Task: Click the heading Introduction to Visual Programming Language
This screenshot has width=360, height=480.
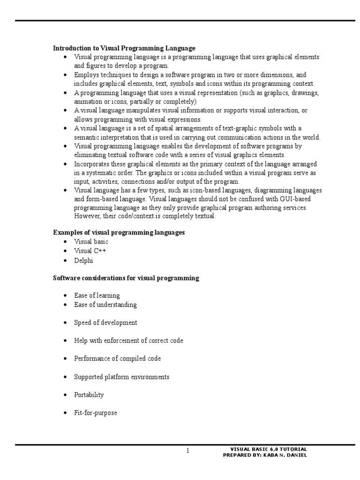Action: pyautogui.click(x=124, y=48)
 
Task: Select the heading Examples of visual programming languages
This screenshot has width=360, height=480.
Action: pyautogui.click(x=119, y=232)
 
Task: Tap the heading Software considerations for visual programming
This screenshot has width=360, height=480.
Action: pyautogui.click(x=126, y=278)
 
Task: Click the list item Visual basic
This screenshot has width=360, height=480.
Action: pyautogui.click(x=91, y=242)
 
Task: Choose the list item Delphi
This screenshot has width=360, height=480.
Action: pyautogui.click(x=83, y=260)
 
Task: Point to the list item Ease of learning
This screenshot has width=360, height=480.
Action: pyautogui.click(x=97, y=296)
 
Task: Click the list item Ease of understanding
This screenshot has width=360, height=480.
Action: pyautogui.click(x=105, y=305)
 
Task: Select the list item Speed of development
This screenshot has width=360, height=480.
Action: pyautogui.click(x=105, y=323)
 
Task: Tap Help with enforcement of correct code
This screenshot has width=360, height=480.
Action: pyautogui.click(x=128, y=341)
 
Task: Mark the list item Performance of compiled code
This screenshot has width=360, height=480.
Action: pyautogui.click(x=117, y=359)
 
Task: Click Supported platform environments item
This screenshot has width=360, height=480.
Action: pyautogui.click(x=121, y=377)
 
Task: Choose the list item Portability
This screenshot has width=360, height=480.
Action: pyautogui.click(x=89, y=395)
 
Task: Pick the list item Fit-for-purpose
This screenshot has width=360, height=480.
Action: pyautogui.click(x=95, y=413)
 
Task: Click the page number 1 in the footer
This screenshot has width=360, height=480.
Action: pyautogui.click(x=187, y=451)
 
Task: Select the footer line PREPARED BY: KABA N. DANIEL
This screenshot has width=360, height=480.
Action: pyautogui.click(x=265, y=455)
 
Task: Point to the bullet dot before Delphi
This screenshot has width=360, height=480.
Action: pyautogui.click(x=65, y=261)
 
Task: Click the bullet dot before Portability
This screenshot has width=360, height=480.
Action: pyautogui.click(x=65, y=395)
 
